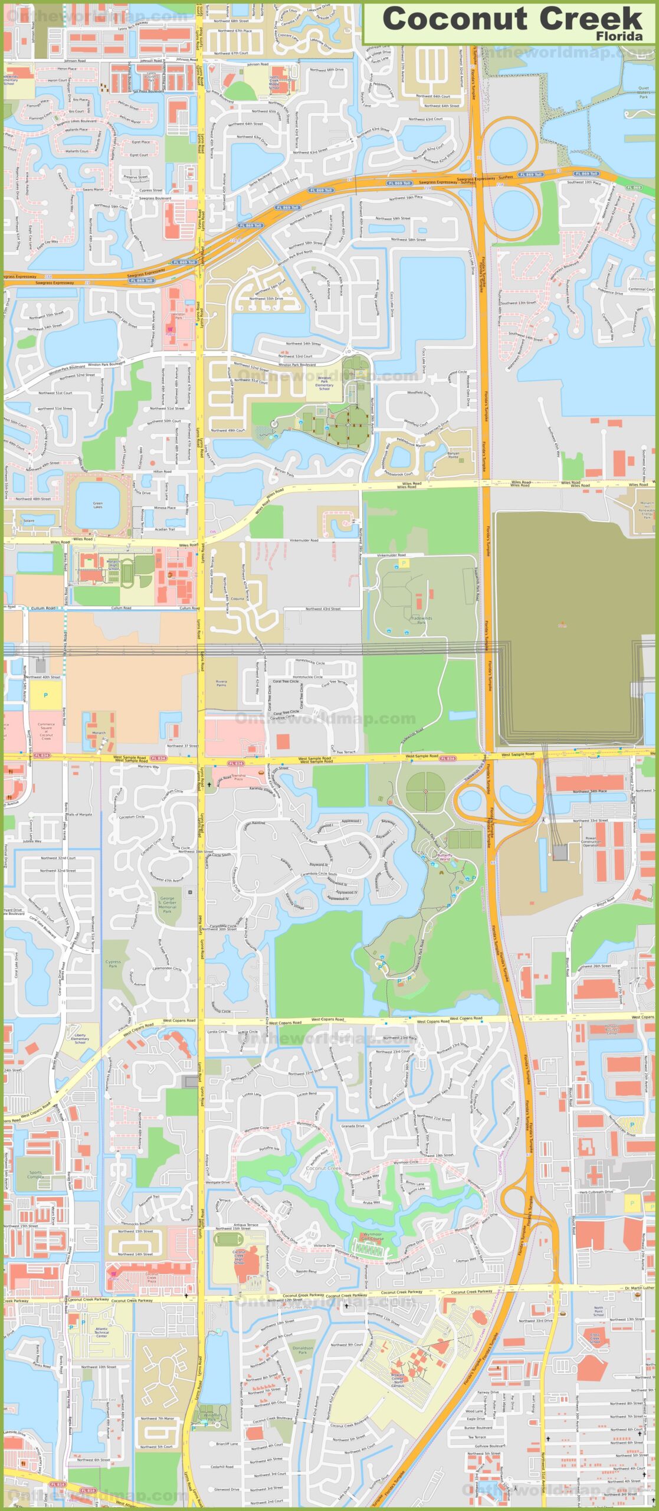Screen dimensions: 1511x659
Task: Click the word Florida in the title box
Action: pyautogui.click(x=619, y=36)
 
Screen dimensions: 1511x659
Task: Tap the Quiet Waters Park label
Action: pyautogui.click(x=643, y=92)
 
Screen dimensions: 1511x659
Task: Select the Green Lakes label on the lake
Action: pyautogui.click(x=97, y=505)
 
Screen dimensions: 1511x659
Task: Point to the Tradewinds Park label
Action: pyautogui.click(x=421, y=620)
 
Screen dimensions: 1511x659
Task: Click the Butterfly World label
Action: pyautogui.click(x=445, y=856)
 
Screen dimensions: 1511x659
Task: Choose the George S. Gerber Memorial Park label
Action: pyautogui.click(x=167, y=905)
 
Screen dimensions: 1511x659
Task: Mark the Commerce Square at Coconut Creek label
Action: pyautogui.click(x=46, y=731)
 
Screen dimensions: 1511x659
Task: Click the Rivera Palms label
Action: pyautogui.click(x=221, y=683)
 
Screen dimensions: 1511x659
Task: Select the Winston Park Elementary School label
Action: pyautogui.click(x=324, y=383)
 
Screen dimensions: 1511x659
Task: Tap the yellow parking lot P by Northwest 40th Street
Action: pyautogui.click(x=45, y=695)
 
